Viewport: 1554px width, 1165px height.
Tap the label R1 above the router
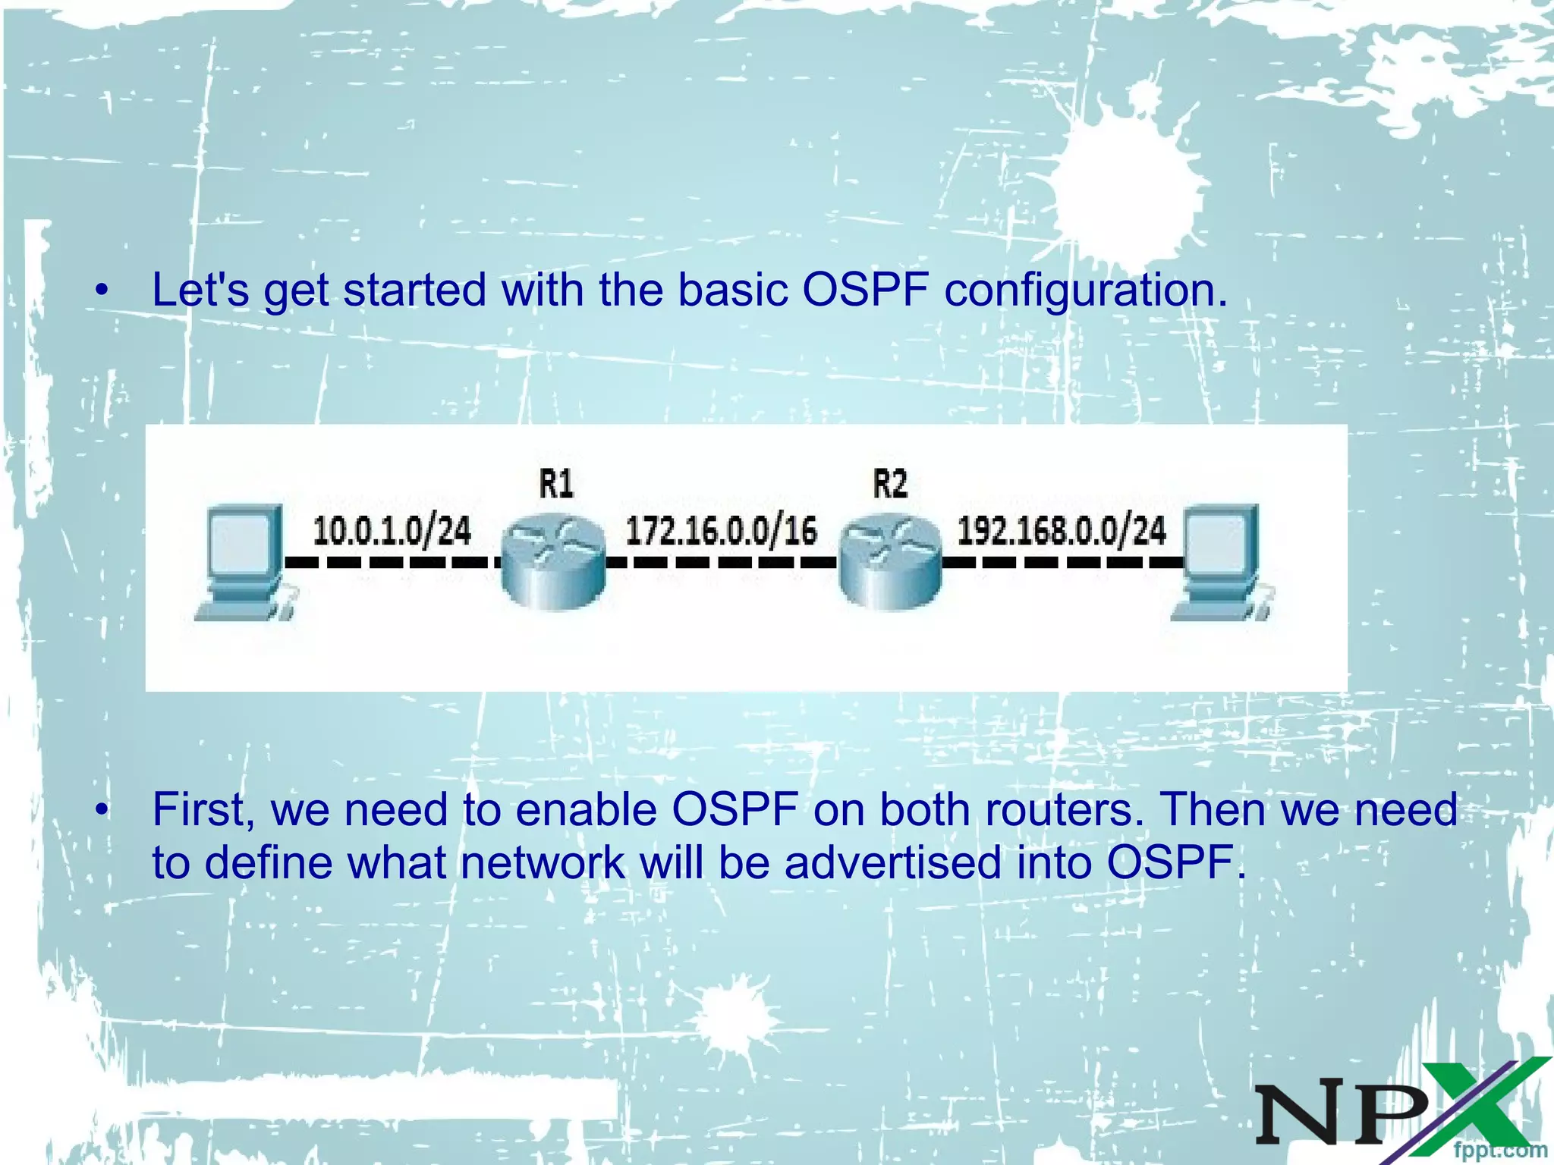point(556,483)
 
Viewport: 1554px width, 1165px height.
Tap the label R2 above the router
point(890,483)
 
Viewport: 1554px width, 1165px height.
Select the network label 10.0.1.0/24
point(392,530)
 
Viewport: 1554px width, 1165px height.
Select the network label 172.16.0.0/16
point(721,530)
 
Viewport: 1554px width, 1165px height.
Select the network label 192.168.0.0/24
point(1062,530)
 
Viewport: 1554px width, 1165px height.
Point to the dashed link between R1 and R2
point(721,563)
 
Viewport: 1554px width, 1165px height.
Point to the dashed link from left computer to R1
point(392,563)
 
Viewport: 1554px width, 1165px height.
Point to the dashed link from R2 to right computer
point(1062,563)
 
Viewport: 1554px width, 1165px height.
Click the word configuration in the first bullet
point(1085,290)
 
